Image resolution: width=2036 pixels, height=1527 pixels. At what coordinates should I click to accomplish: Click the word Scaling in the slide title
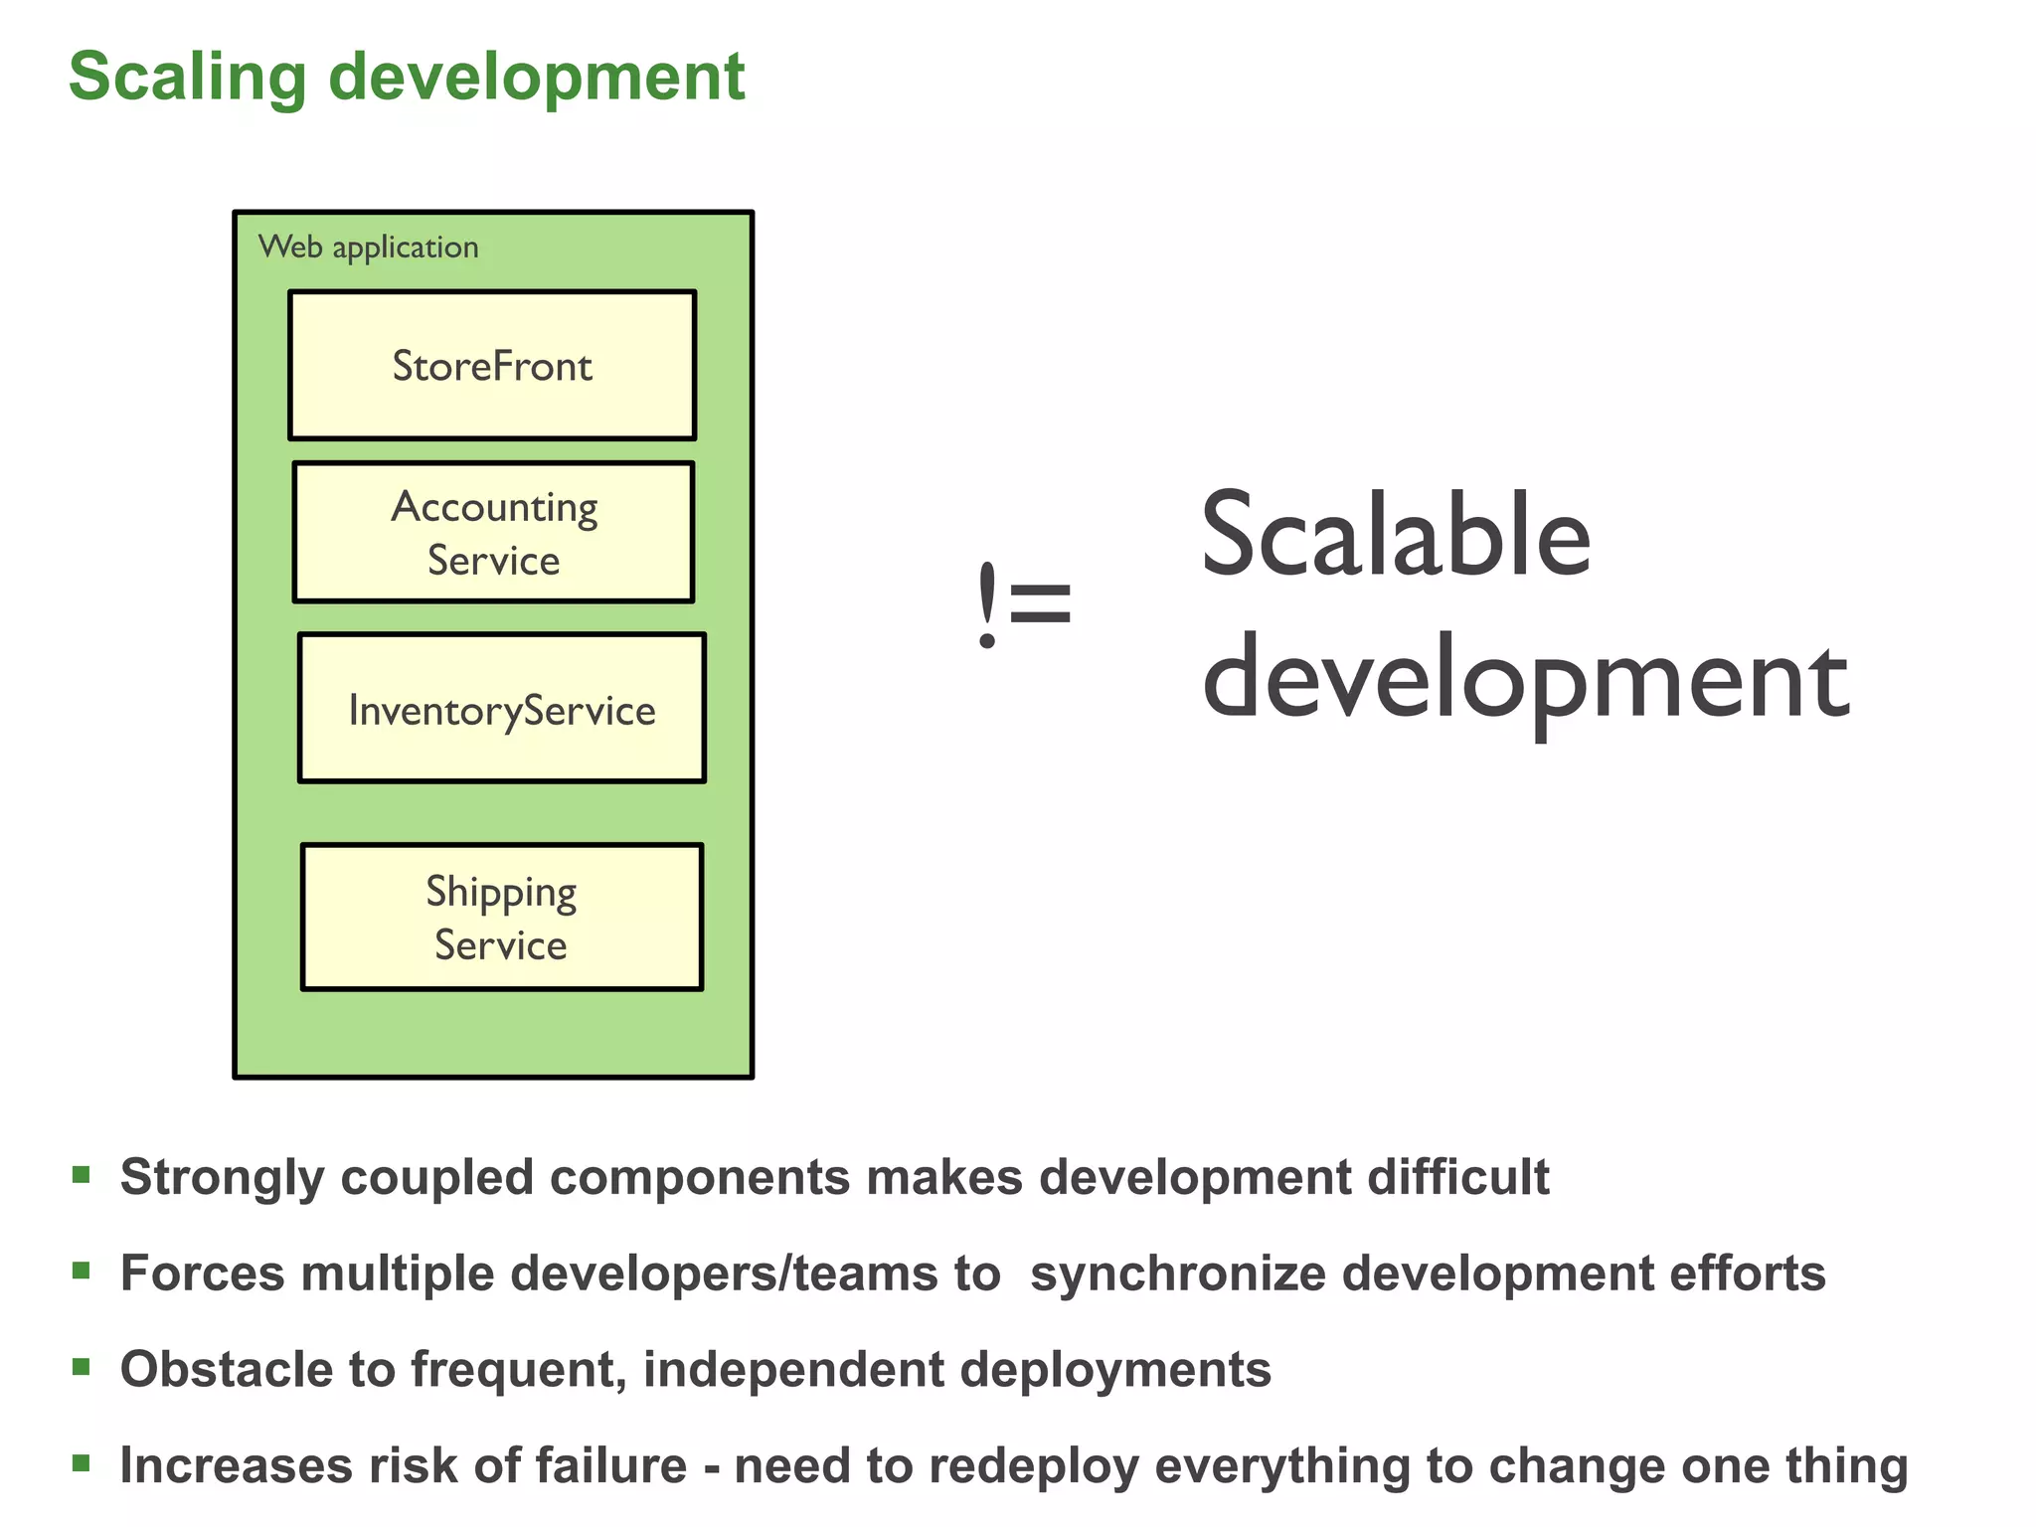(x=188, y=78)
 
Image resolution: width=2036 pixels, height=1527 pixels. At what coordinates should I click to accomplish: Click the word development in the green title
(x=537, y=78)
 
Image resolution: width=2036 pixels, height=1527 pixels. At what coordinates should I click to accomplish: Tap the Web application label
(x=368, y=247)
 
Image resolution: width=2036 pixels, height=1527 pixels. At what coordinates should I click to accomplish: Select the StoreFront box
(x=492, y=366)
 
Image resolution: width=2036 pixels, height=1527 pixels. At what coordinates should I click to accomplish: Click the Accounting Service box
(x=494, y=533)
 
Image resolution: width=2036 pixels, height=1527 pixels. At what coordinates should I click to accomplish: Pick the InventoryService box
(x=502, y=709)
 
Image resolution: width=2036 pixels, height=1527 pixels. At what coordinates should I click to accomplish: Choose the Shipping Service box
(x=502, y=917)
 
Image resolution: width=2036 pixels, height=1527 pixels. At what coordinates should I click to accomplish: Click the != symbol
(x=1024, y=603)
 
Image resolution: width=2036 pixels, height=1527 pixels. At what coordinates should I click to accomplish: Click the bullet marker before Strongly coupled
(x=82, y=1176)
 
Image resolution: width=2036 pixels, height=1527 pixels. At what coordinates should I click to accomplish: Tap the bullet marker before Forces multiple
(x=82, y=1271)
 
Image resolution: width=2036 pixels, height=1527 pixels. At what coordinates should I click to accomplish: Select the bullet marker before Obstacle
(x=82, y=1367)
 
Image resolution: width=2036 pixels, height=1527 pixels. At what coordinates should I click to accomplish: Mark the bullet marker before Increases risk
(x=82, y=1462)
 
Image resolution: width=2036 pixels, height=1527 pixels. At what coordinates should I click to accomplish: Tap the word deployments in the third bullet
(x=1114, y=1370)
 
